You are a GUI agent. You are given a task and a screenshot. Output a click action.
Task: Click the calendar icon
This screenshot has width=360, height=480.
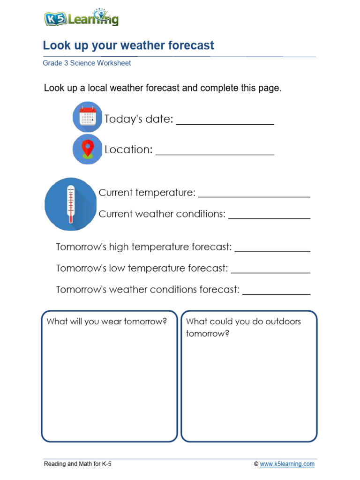[88, 117]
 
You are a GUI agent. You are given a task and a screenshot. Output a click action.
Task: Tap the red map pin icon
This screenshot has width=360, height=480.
[88, 149]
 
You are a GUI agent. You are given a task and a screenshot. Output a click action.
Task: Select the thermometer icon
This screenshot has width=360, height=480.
[71, 204]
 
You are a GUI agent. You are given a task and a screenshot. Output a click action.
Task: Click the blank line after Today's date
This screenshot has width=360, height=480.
[225, 123]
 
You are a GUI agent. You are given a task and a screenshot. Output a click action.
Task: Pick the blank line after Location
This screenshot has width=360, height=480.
[215, 153]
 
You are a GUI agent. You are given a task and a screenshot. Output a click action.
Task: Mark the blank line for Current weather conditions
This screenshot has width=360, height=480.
[269, 217]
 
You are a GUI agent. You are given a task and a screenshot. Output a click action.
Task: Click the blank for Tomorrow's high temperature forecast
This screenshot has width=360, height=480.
[272, 250]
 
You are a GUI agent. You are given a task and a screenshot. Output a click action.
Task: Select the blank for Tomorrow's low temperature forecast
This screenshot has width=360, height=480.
[270, 271]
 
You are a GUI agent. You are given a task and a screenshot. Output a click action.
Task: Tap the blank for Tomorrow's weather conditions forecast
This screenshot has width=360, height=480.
[276, 293]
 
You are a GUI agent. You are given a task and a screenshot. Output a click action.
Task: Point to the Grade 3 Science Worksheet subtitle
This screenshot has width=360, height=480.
[87, 63]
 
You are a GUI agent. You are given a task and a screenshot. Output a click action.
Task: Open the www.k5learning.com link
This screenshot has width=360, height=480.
[287, 464]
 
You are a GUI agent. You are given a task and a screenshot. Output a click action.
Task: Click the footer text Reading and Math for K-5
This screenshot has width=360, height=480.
[78, 464]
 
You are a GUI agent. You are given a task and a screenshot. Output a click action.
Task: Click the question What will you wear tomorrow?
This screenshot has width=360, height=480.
[107, 322]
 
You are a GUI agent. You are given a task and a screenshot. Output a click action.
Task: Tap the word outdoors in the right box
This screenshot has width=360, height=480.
[283, 322]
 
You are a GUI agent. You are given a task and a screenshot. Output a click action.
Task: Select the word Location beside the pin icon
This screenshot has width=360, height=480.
[128, 150]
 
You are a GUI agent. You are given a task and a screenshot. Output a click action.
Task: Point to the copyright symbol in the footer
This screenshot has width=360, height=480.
[256, 464]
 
